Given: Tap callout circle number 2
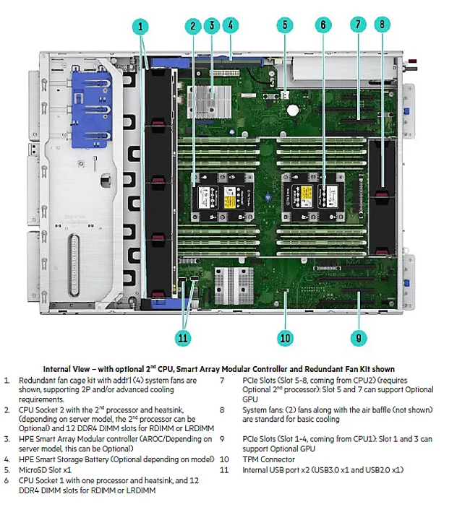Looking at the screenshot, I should pos(192,25).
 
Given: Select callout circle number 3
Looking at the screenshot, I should pos(212,25).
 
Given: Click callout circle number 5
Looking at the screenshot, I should pos(285,25).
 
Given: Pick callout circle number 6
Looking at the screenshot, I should pos(323,25).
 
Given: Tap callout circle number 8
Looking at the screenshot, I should pos(383,25).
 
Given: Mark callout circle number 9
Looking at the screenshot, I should pos(357,336).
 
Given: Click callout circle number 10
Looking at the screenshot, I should pos(285,337).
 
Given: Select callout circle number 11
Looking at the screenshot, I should pos(183,337).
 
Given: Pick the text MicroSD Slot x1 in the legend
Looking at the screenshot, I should pos(48,469).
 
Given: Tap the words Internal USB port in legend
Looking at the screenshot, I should pos(273,469).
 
